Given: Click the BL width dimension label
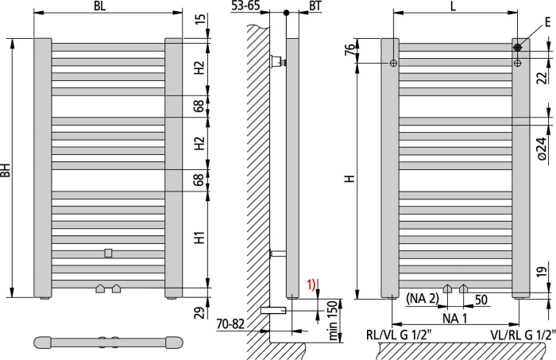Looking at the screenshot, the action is (99, 6).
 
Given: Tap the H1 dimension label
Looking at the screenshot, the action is (199, 238).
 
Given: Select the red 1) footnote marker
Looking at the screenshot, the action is (311, 285).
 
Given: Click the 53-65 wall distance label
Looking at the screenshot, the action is (245, 6).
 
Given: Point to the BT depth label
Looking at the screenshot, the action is (315, 6).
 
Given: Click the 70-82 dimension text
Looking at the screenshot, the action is (230, 323).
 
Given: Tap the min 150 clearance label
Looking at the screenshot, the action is (333, 320).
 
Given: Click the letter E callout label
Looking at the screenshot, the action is (548, 22).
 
